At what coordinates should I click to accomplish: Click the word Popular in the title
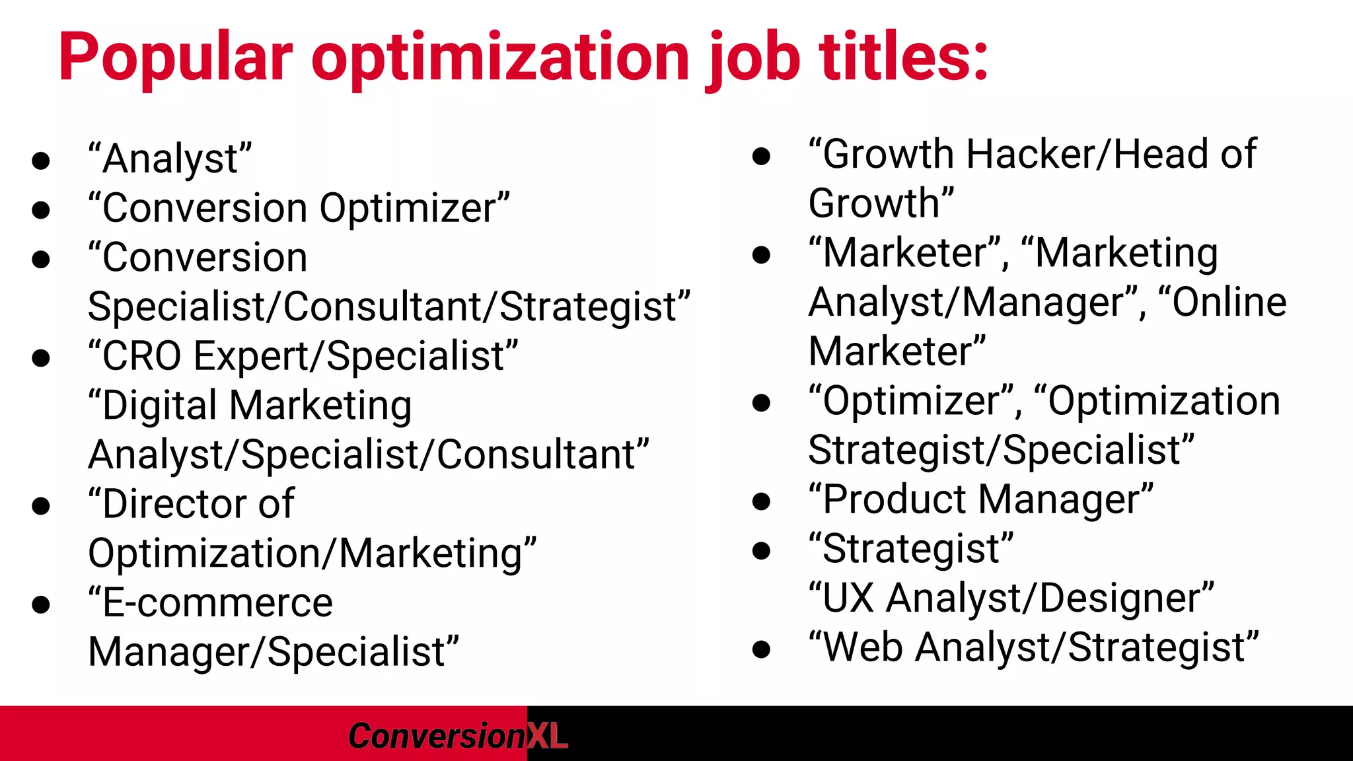[x=175, y=58]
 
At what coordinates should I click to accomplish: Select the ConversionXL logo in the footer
[x=457, y=736]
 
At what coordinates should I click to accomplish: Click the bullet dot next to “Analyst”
[x=41, y=161]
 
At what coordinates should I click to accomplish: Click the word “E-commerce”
[x=211, y=602]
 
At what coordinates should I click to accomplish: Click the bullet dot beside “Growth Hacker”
[x=761, y=156]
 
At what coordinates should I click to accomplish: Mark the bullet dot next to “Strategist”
[x=761, y=550]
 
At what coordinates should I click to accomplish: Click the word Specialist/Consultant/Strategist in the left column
[x=389, y=307]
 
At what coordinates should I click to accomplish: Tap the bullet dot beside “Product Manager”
[x=761, y=501]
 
